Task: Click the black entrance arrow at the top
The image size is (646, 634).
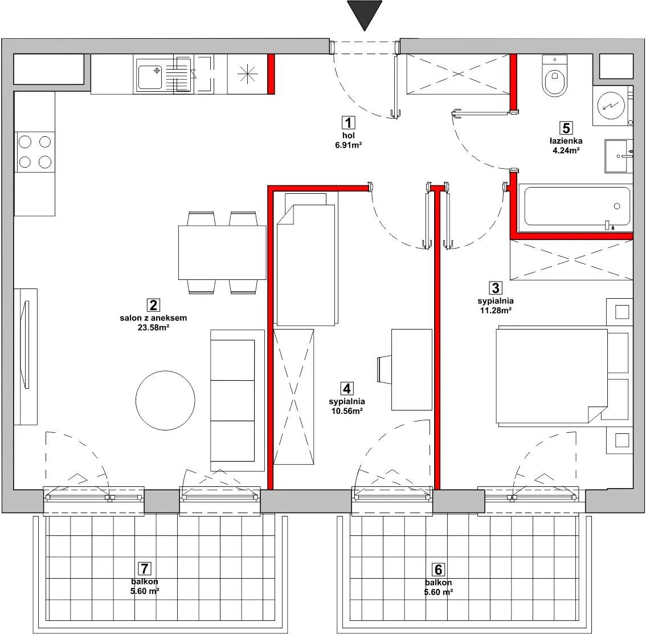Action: click(x=365, y=14)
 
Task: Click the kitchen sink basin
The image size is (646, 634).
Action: click(x=150, y=78)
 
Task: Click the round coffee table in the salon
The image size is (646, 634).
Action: click(x=165, y=400)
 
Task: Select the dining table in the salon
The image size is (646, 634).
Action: click(x=223, y=252)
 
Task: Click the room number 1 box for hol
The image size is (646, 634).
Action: click(x=349, y=123)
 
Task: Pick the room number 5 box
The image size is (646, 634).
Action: click(x=566, y=128)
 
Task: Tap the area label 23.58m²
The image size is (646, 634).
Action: click(x=153, y=328)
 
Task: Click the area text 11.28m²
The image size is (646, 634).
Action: click(x=496, y=310)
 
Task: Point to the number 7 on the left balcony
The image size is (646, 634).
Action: click(x=144, y=569)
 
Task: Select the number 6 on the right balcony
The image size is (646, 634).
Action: click(x=439, y=570)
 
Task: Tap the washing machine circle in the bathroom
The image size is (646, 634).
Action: click(x=610, y=105)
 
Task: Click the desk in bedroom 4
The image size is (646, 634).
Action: click(x=411, y=369)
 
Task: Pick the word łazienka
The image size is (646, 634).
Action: click(x=566, y=141)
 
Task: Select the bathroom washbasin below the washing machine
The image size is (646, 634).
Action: click(x=618, y=156)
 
